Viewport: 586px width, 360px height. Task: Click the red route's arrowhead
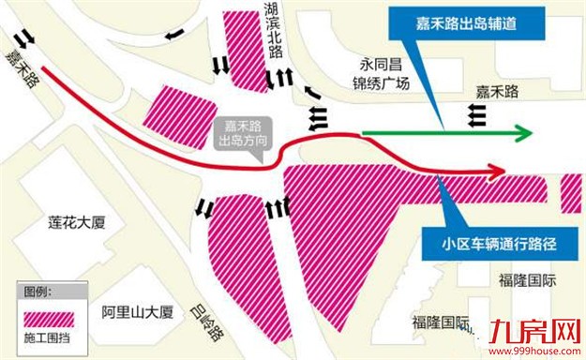pos(496,171)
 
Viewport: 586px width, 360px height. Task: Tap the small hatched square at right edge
pos(572,192)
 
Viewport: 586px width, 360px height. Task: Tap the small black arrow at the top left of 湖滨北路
pos(174,35)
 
